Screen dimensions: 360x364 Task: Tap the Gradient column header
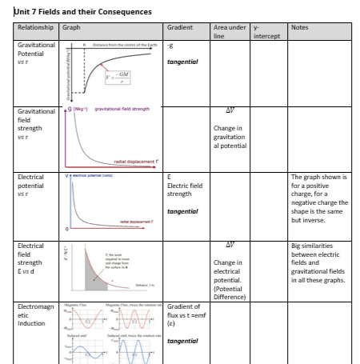(x=179, y=28)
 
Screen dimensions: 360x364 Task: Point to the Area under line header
(x=229, y=32)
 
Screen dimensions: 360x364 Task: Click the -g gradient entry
(x=170, y=46)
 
